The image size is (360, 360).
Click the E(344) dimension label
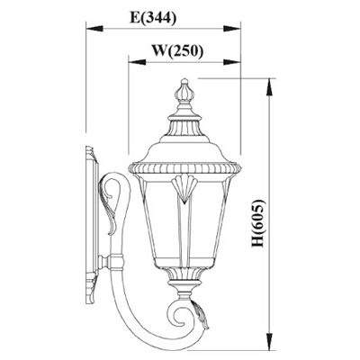(x=153, y=17)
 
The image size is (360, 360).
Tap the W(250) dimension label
(x=177, y=50)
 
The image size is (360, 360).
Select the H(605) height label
(x=257, y=222)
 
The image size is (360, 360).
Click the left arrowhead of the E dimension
(x=94, y=29)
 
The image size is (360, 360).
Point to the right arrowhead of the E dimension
(x=232, y=29)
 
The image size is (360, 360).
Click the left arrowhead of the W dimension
(x=137, y=62)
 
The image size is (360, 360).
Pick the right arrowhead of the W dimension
(x=232, y=62)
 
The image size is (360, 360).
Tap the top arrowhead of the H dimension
(x=270, y=87)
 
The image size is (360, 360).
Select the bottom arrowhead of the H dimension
(x=270, y=341)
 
